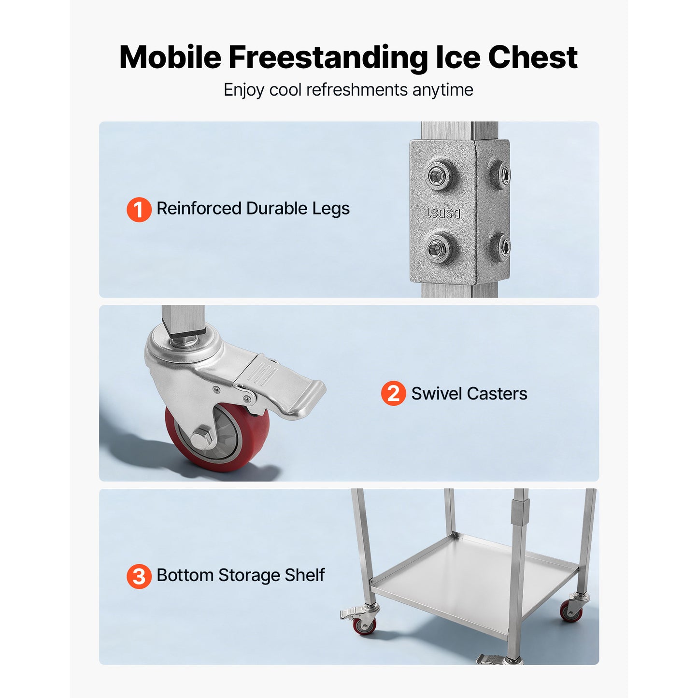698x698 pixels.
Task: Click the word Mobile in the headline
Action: pos(170,57)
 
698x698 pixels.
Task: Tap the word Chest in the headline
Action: pos(532,57)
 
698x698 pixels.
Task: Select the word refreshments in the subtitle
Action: pos(357,90)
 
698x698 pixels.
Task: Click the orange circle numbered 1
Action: pos(139,209)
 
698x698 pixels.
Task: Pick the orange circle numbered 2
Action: pos(393,393)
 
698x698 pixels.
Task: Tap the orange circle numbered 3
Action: pos(139,576)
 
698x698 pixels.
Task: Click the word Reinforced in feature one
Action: pos(199,208)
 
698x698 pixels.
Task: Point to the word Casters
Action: pos(498,393)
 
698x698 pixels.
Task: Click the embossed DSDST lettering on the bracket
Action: pos(442,214)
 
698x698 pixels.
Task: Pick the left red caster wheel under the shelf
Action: pos(365,626)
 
